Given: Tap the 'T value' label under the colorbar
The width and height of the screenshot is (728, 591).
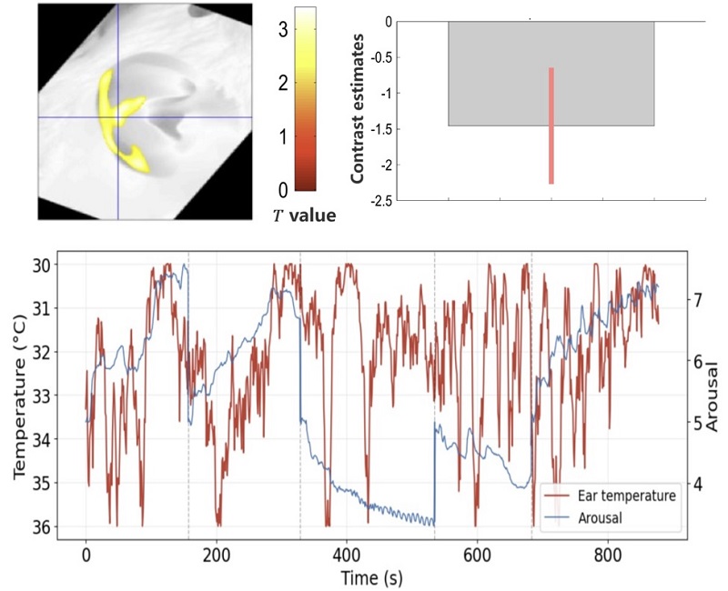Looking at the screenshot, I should pos(304,215).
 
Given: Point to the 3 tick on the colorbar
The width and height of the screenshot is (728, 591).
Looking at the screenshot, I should pos(284,28).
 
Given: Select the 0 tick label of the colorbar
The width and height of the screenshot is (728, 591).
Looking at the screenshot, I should pos(284,189).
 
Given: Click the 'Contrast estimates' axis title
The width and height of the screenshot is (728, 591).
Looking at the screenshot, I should pos(358,109).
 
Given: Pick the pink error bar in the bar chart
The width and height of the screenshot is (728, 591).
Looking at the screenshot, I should pos(551,125).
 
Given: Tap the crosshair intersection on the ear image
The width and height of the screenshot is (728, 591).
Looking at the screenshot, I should pos(118,117).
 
